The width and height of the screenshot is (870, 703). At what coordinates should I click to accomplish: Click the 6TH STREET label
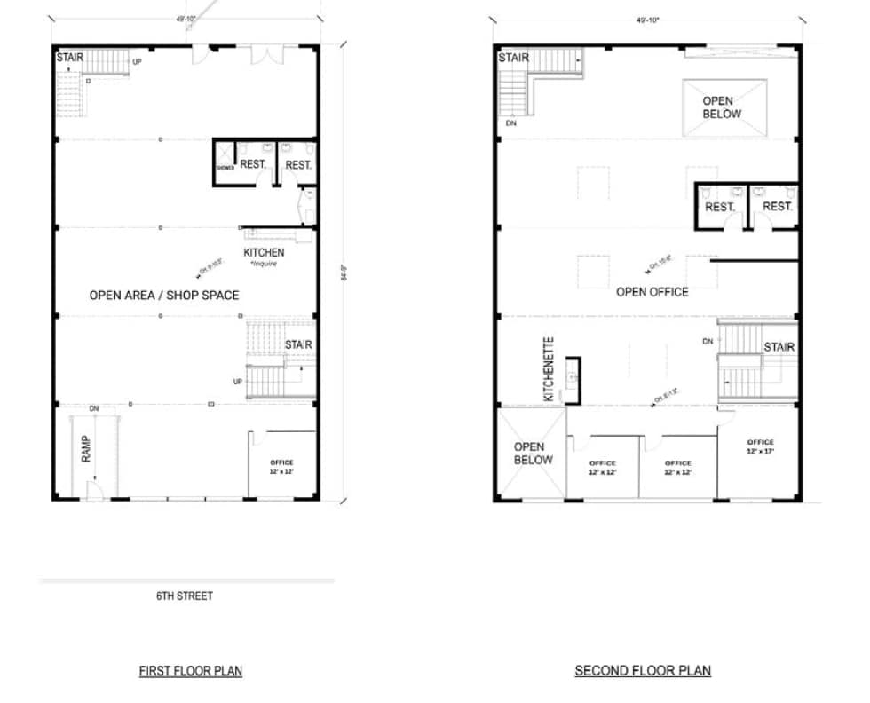pyautogui.click(x=184, y=596)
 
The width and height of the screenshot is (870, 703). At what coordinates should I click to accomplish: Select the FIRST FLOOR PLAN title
pyautogui.click(x=190, y=671)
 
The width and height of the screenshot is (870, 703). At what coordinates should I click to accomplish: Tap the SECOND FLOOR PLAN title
pyautogui.click(x=643, y=671)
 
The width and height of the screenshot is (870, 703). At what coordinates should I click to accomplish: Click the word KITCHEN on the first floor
pyautogui.click(x=264, y=253)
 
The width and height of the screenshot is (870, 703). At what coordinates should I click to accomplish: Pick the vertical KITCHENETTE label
pyautogui.click(x=549, y=369)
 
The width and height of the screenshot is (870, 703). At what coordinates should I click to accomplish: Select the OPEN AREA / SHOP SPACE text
pyautogui.click(x=164, y=295)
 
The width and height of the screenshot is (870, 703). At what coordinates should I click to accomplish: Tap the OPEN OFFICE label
pyautogui.click(x=652, y=291)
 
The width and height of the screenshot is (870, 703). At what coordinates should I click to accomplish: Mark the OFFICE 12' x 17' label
pyautogui.click(x=760, y=446)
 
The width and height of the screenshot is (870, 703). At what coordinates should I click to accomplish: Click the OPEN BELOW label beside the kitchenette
pyautogui.click(x=533, y=453)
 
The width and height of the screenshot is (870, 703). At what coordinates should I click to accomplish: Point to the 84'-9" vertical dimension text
pyautogui.click(x=342, y=273)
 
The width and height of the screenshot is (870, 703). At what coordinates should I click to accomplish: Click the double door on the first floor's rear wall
pyautogui.click(x=263, y=55)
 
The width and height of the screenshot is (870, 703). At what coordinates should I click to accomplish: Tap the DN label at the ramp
pyautogui.click(x=93, y=408)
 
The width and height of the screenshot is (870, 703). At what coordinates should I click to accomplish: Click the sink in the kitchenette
pyautogui.click(x=572, y=378)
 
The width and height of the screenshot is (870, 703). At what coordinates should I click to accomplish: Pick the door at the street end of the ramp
pyautogui.click(x=93, y=489)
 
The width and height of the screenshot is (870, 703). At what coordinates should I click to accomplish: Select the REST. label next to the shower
pyautogui.click(x=254, y=165)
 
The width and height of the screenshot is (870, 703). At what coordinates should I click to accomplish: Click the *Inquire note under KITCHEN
pyautogui.click(x=264, y=264)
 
